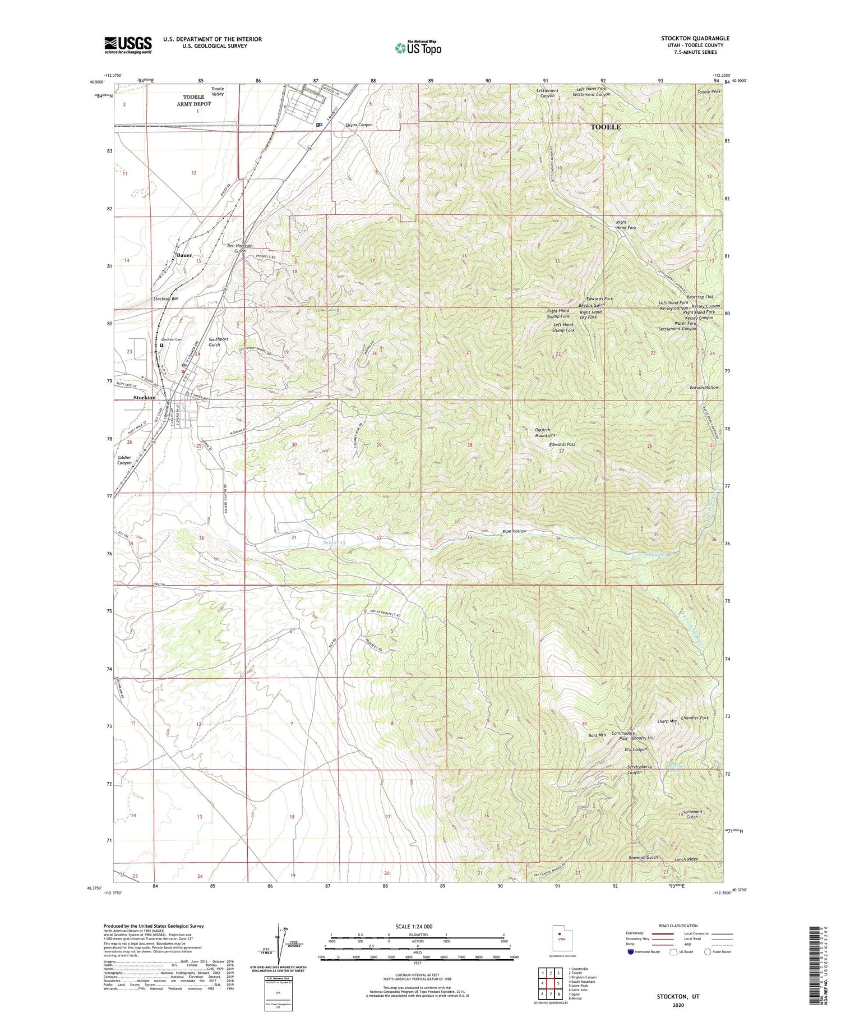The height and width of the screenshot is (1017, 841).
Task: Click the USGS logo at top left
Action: click(128, 45)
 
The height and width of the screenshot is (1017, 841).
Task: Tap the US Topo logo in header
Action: click(418, 48)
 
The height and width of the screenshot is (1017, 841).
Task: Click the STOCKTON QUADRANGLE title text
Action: click(695, 39)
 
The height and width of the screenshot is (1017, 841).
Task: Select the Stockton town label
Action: click(145, 397)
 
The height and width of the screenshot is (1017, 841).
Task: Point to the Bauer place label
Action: click(184, 255)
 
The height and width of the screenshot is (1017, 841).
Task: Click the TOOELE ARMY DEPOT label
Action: click(194, 100)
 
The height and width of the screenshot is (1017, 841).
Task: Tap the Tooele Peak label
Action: click(709, 91)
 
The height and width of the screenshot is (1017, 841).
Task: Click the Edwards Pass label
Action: click(562, 444)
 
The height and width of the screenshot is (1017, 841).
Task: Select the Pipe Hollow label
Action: click(514, 531)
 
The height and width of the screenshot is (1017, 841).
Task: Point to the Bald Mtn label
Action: click(597, 735)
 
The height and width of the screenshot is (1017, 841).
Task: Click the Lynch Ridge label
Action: click(686, 859)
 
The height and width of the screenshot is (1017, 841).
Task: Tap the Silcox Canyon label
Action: click(359, 125)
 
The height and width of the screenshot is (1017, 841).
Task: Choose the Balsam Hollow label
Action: click(704, 388)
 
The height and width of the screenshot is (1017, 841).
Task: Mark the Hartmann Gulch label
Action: click(692, 814)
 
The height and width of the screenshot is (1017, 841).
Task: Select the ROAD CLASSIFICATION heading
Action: click(678, 926)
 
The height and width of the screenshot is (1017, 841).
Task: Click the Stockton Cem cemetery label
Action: click(172, 339)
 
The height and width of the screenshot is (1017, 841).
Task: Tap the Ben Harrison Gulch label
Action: click(240, 248)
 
